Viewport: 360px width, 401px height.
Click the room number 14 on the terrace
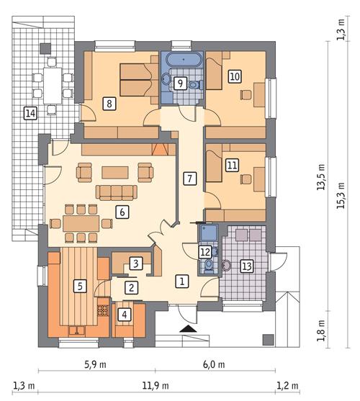pyautogui.click(x=30, y=112)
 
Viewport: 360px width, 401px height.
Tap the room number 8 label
pyautogui.click(x=109, y=104)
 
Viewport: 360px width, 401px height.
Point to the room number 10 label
pyautogui.click(x=234, y=76)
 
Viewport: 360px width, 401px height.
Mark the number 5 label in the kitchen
pyautogui.click(x=81, y=286)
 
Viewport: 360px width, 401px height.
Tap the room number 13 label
pyautogui.click(x=246, y=266)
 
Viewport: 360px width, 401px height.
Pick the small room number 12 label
pyautogui.click(x=205, y=251)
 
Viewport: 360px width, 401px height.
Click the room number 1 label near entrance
pyautogui.click(x=183, y=280)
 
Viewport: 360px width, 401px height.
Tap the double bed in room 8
pyautogui.click(x=134, y=73)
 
